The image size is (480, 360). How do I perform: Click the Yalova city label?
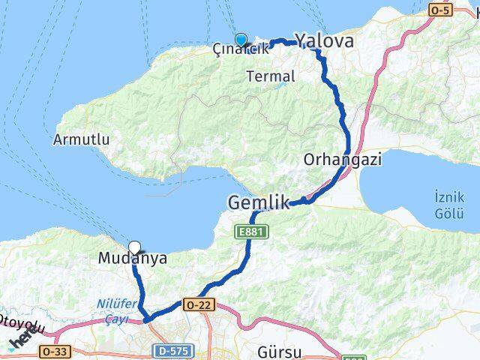pyautogui.click(x=324, y=41)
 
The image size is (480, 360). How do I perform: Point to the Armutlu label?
pyautogui.click(x=82, y=139)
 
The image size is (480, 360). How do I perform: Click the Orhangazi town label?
pyautogui.click(x=343, y=159)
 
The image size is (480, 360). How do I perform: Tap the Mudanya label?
pyautogui.click(x=133, y=259)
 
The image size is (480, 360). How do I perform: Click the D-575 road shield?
pyautogui.click(x=172, y=350)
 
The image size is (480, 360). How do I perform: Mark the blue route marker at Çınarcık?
pyautogui.click(x=241, y=40)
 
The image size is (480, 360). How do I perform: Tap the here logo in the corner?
pyautogui.click(x=20, y=341)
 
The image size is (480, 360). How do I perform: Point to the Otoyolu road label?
pyautogui.click(x=22, y=328)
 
